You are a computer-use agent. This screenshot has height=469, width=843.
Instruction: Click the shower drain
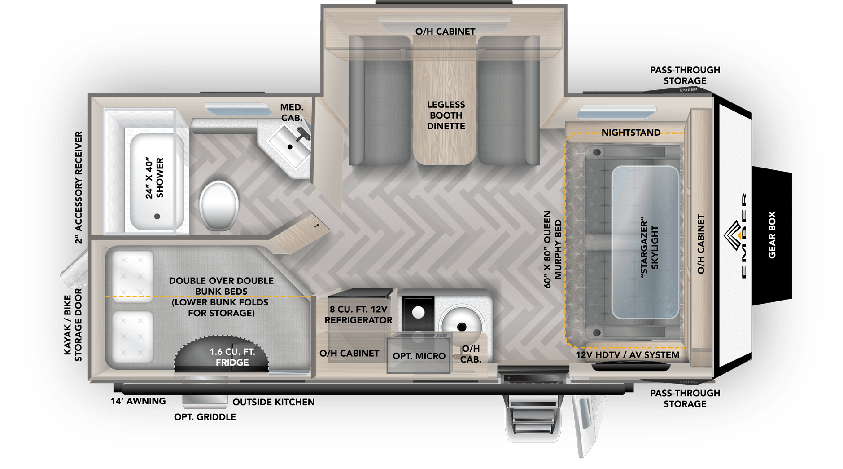(157, 216)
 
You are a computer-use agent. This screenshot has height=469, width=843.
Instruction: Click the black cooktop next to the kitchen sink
(418, 314)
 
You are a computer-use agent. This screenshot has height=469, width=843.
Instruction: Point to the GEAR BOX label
(772, 234)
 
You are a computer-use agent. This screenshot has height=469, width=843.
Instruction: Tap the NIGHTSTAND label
(631, 133)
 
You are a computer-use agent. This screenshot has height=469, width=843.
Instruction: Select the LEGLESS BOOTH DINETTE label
(446, 115)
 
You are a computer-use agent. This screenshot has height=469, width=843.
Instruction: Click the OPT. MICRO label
(419, 356)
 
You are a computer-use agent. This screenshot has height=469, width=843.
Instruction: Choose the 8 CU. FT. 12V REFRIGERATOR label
(358, 314)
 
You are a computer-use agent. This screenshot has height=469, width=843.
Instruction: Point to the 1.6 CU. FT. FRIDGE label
(232, 357)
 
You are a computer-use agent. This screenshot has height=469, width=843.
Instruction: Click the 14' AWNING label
(138, 401)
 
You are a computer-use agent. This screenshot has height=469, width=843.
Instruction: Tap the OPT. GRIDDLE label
(205, 417)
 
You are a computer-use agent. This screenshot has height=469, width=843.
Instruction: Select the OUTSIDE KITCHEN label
(274, 402)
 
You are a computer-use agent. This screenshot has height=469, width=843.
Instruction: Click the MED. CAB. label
(292, 112)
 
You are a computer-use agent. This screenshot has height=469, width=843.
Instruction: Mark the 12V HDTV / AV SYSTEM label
(628, 355)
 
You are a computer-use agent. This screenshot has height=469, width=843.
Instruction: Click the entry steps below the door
(533, 416)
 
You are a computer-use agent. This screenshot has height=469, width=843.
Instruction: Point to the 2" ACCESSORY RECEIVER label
(79, 187)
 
